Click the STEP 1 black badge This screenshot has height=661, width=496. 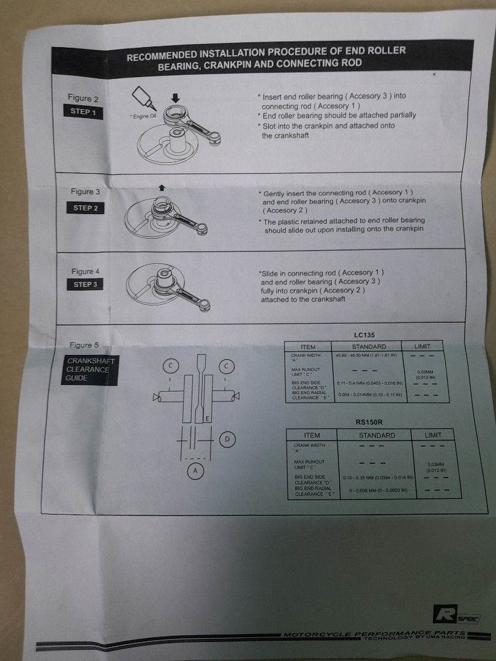(x=84, y=113)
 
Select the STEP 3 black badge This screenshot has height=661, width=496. (x=85, y=285)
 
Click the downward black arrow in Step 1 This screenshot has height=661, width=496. (x=175, y=96)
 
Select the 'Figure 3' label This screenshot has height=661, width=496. (x=85, y=192)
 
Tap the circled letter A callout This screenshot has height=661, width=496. (x=195, y=471)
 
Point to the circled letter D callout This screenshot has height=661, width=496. (x=227, y=439)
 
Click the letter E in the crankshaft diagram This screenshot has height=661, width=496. (x=208, y=418)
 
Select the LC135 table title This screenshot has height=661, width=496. (x=364, y=335)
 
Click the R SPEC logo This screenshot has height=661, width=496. (x=456, y=614)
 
